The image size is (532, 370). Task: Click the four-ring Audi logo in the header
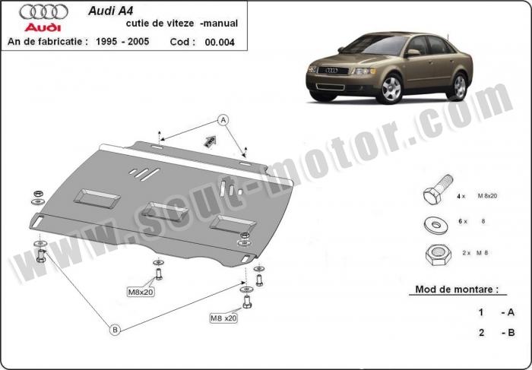[x=43, y=12]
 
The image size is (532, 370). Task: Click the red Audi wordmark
[x=43, y=27]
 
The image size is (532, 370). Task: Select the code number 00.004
[x=220, y=42]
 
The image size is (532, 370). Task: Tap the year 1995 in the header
[x=106, y=41]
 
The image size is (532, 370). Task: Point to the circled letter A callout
[x=223, y=120]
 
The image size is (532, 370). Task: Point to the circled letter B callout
[x=115, y=329]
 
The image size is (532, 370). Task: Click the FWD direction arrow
[x=210, y=141]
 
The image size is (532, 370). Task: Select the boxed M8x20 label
[x=141, y=292]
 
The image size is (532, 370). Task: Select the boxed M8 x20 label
[x=223, y=318]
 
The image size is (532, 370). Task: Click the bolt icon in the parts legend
[x=438, y=189]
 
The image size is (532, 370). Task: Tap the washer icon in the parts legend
[x=436, y=225]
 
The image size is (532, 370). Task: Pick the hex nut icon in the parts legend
[x=438, y=255]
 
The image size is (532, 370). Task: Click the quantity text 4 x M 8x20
[x=477, y=196]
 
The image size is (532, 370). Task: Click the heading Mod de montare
[x=457, y=289]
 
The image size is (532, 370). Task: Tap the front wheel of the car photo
[x=391, y=89]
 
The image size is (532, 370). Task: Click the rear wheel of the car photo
[x=459, y=87]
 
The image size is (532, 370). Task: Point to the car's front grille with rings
[x=333, y=71]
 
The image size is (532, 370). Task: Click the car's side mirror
[x=413, y=52]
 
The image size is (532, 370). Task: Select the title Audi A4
[x=111, y=11]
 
